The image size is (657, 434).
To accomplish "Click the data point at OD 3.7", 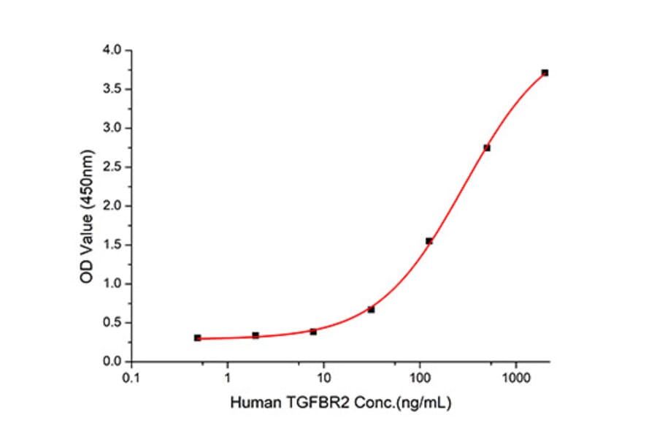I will pyautogui.click(x=545, y=73).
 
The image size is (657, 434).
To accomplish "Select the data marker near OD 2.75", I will pyautogui.click(x=487, y=148).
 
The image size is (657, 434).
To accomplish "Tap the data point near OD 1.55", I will pyautogui.click(x=429, y=241).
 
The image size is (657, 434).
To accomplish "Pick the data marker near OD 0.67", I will pyautogui.click(x=371, y=310).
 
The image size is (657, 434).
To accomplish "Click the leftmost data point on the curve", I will pyautogui.click(x=198, y=338).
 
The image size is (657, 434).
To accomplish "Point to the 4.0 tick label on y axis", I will pyautogui.click(x=114, y=50).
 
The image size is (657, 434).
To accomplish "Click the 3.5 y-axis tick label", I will pyautogui.click(x=114, y=89).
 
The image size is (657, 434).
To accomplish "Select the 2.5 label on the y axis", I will pyautogui.click(x=114, y=167).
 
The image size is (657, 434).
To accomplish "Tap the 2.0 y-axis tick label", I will pyautogui.click(x=114, y=206).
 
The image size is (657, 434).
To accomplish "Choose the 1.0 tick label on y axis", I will pyautogui.click(x=114, y=284).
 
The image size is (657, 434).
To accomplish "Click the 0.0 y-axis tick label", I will pyautogui.click(x=114, y=362).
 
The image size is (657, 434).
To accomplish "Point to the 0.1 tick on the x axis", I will pyautogui.click(x=131, y=378).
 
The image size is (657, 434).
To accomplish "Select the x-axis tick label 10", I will pyautogui.click(x=324, y=378).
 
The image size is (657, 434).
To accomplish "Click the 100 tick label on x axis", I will pyautogui.click(x=420, y=378).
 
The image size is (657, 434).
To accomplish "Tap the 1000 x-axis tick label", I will pyautogui.click(x=516, y=378).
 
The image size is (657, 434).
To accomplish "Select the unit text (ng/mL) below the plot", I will pyautogui.click(x=418, y=403).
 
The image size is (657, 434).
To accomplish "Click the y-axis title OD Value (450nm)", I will pyautogui.click(x=87, y=207).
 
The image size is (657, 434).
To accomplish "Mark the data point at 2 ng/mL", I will pyautogui.click(x=255, y=335).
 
